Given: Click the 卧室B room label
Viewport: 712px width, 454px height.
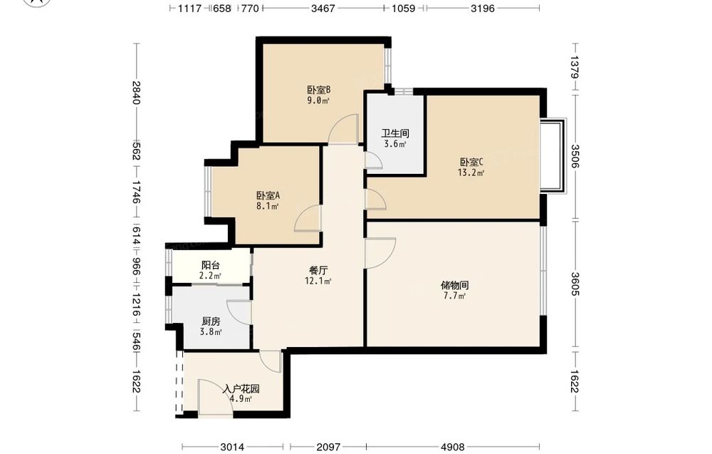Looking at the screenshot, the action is (318, 90).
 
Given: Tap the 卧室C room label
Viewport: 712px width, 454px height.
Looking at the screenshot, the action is (471, 162).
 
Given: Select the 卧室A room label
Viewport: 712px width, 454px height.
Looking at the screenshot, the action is (268, 196).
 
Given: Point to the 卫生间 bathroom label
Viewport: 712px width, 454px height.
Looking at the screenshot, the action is (395, 133).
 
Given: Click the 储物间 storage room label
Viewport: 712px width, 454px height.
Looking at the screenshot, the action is (454, 285).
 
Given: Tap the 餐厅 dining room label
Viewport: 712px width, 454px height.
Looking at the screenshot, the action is (318, 270).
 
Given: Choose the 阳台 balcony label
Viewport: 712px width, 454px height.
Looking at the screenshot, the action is (210, 265).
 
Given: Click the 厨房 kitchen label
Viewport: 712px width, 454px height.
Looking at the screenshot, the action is (211, 321).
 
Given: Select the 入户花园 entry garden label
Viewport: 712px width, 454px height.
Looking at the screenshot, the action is (241, 389).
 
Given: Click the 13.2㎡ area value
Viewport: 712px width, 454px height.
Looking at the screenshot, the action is (471, 172).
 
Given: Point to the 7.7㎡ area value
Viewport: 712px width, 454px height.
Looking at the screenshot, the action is (454, 296).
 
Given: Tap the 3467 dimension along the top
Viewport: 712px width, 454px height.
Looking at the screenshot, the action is (323, 8).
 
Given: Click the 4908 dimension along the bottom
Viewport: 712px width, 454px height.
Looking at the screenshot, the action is (453, 447).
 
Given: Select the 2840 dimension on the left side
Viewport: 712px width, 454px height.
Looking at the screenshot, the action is (136, 92).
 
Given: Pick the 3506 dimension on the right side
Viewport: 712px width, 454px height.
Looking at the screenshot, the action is (575, 156).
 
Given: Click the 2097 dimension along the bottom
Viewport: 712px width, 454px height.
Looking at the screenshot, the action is (328, 447).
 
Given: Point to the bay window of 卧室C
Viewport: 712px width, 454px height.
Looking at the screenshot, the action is (553, 156).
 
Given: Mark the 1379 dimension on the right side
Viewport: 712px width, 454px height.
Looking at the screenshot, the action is (575, 67).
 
